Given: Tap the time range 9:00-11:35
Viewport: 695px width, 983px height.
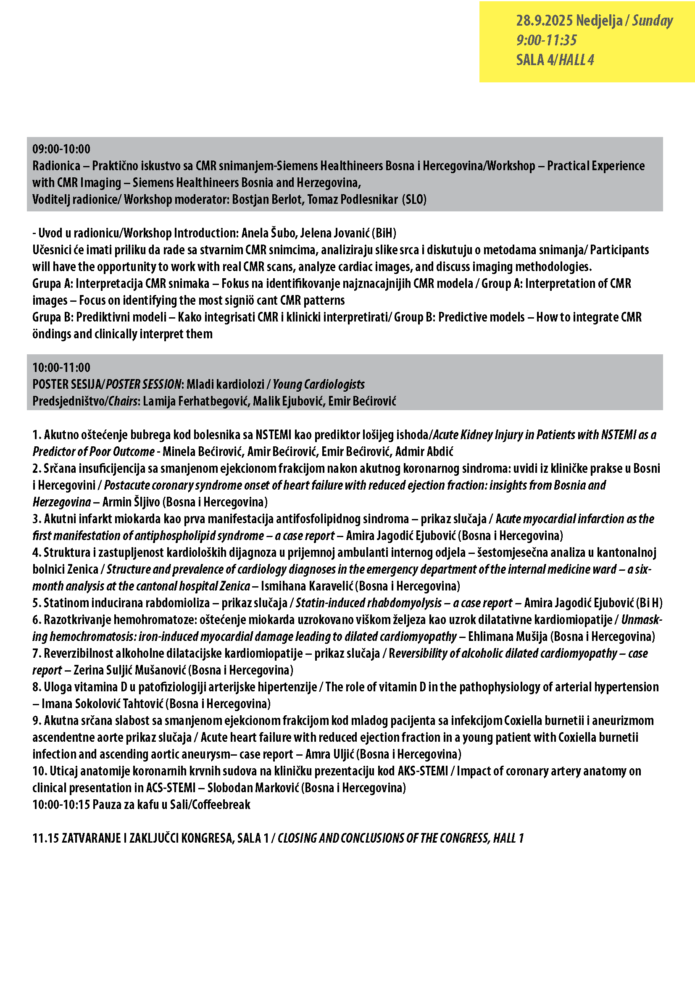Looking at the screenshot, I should click(x=547, y=40).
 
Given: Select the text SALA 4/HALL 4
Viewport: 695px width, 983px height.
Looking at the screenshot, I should click(x=555, y=60).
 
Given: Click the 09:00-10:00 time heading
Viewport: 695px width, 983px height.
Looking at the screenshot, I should click(x=61, y=149).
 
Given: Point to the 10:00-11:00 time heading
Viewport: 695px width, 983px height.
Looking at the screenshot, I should click(x=61, y=367).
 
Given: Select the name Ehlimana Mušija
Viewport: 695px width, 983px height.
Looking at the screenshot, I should click(x=508, y=636).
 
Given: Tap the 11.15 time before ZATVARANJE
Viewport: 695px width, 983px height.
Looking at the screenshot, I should click(x=45, y=838).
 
